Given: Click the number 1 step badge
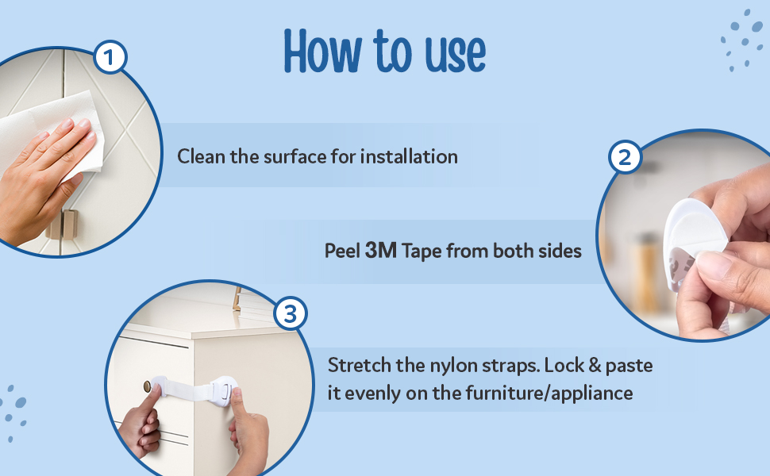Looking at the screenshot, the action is click(x=110, y=57).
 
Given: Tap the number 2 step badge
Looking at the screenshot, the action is click(x=625, y=158).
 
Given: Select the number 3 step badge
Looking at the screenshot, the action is click(x=291, y=313).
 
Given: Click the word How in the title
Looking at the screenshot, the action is click(x=322, y=51).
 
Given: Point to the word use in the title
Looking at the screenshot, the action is click(x=455, y=54).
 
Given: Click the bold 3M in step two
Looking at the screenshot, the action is click(x=381, y=250).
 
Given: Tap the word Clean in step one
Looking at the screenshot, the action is click(x=202, y=156).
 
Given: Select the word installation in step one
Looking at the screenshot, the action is click(x=409, y=156).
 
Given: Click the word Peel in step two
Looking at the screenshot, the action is click(x=343, y=251).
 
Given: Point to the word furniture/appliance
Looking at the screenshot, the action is click(x=549, y=393).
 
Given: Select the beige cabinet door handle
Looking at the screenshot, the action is click(x=63, y=225).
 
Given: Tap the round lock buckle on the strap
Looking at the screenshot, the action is click(x=225, y=388).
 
